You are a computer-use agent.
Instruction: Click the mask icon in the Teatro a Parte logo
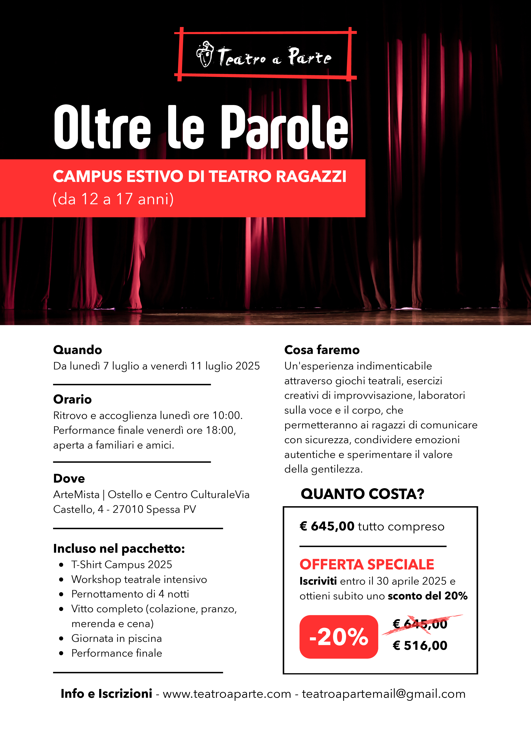[205, 54]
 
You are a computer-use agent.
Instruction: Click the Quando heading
[77, 350]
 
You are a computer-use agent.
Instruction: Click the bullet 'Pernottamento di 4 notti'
[130, 594]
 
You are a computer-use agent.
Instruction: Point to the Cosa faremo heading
[322, 350]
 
